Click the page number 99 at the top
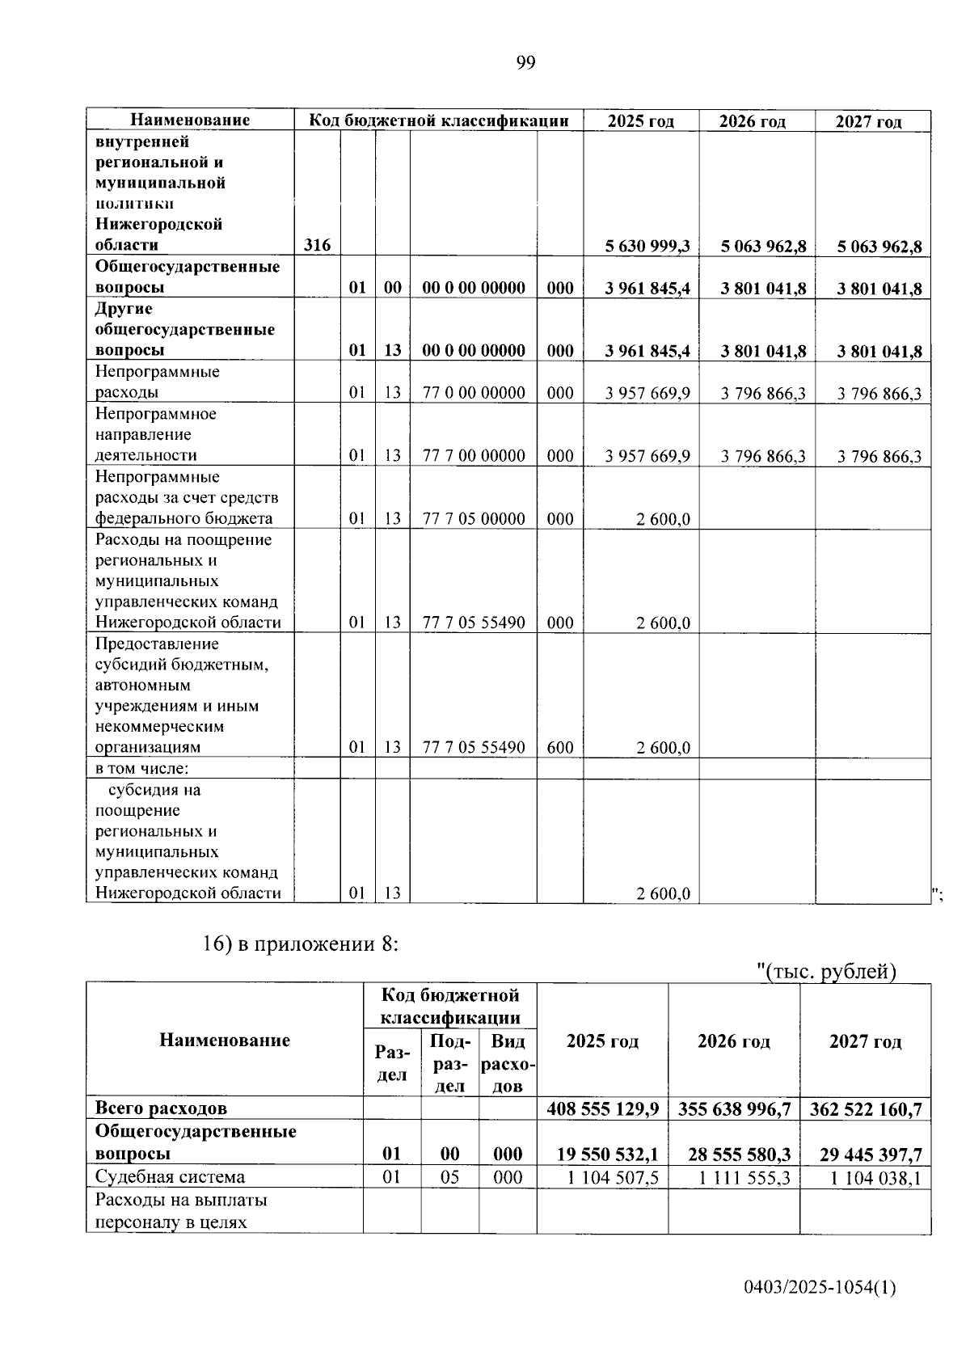pos(525,63)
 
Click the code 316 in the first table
pos(317,245)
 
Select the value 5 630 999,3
pos(647,246)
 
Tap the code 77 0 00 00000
pos(474,393)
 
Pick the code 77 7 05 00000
pos(474,519)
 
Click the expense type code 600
pos(560,748)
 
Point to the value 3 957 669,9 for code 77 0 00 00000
pos(647,393)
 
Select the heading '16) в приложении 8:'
pos(300,944)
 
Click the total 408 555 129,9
pos(602,1108)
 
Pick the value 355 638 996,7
pos(734,1108)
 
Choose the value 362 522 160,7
pos(865,1108)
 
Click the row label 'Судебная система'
pos(170,1177)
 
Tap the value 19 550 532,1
pos(607,1155)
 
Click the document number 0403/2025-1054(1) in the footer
pos(820,1289)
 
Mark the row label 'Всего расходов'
pos(161,1108)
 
